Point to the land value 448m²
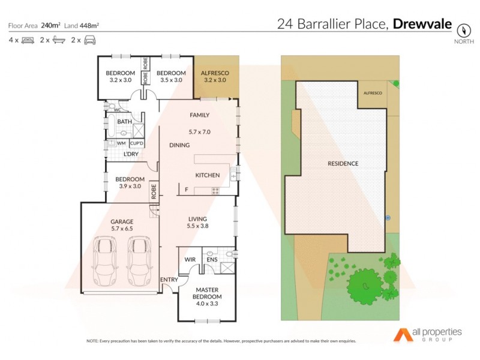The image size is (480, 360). (90, 25)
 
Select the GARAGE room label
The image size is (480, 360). (122, 221)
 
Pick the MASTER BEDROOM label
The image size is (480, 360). (206, 292)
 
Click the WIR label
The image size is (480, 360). (190, 260)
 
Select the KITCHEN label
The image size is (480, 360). (208, 175)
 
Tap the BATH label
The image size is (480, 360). (124, 122)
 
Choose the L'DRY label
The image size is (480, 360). (131, 154)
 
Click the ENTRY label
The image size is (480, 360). (169, 280)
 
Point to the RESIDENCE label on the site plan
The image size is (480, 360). (343, 163)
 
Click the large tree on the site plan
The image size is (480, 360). (362, 284)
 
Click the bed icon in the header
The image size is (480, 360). (28, 40)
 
